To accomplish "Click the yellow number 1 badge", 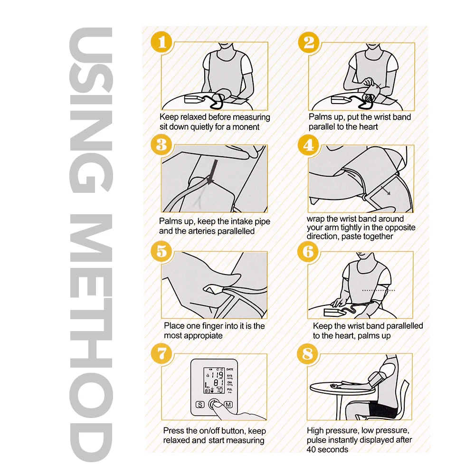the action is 161,42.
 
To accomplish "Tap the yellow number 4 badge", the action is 308,145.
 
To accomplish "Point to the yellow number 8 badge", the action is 308,353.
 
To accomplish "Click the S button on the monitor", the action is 200,405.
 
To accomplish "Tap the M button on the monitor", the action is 228,404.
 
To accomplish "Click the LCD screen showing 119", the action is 214,381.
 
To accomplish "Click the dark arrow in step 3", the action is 212,172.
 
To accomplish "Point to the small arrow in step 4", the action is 385,191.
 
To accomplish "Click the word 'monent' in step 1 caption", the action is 246,127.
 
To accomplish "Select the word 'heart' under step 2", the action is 369,127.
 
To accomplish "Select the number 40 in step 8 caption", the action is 312,449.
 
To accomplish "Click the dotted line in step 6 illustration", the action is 379,290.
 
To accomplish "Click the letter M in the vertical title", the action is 91,238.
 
